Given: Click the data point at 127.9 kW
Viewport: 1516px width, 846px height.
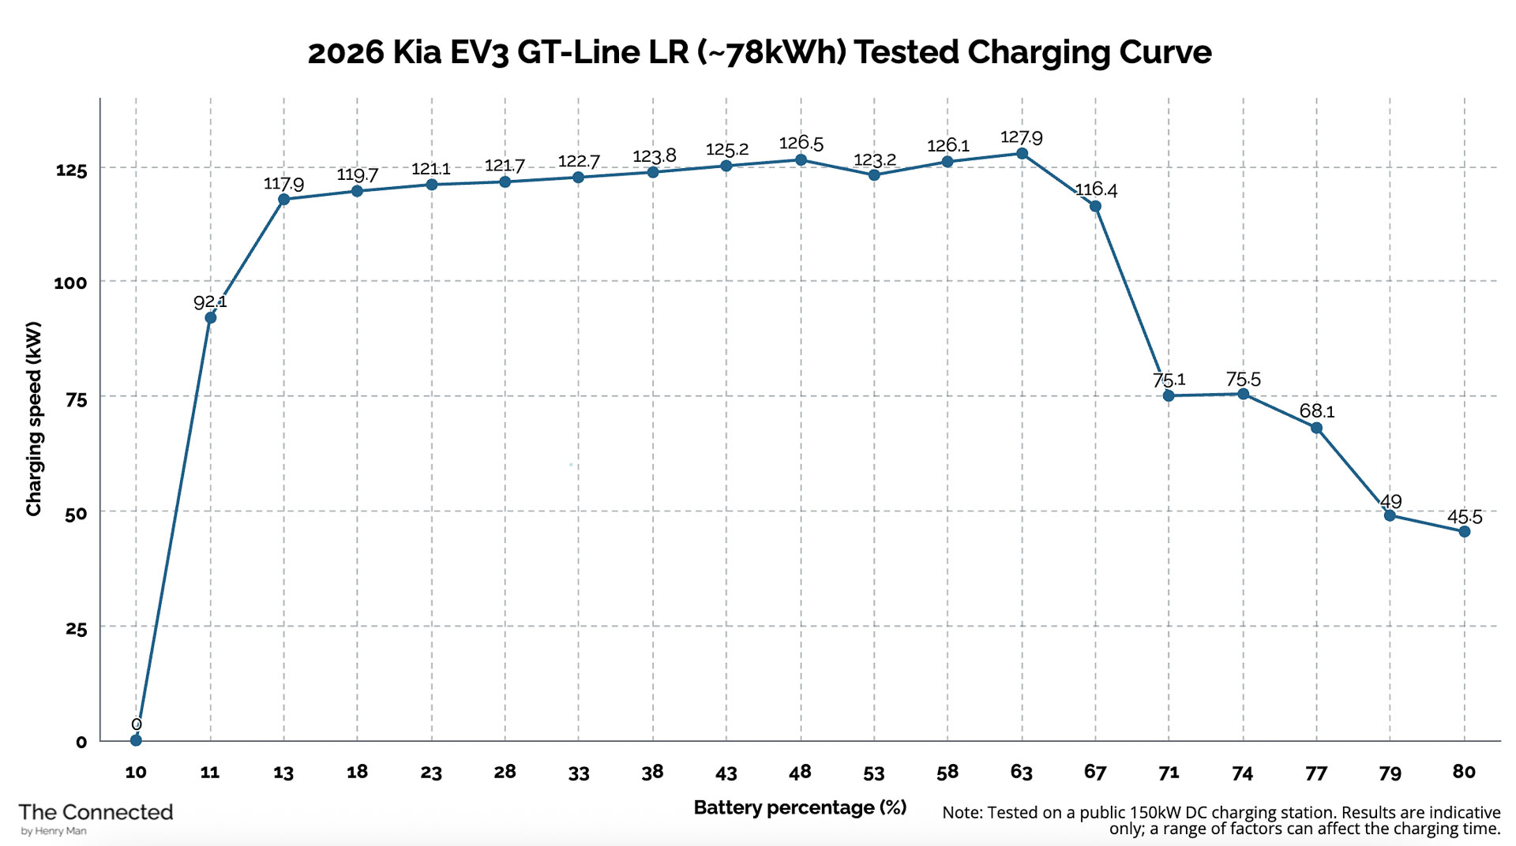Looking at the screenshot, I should (1022, 154).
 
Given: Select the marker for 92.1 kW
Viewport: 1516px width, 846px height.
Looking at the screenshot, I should (210, 318).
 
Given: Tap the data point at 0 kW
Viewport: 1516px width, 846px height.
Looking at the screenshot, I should (136, 740).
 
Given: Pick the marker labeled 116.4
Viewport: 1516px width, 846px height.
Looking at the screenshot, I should (1095, 207).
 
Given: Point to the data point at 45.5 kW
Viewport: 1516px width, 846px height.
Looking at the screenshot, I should (1465, 532).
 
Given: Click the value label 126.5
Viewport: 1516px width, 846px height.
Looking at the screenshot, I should (801, 144).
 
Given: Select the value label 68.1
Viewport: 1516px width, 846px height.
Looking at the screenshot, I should (1317, 411).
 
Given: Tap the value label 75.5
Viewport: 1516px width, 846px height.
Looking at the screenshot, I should (1243, 380).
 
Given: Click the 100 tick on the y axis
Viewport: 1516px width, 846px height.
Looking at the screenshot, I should (70, 283).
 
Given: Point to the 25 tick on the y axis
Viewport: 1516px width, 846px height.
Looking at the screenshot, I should (76, 629).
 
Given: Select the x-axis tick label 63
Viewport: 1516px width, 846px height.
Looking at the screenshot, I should (1021, 772).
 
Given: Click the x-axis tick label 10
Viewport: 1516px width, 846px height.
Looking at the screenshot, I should (136, 772).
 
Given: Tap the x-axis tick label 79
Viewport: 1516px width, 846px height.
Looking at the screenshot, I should (1390, 773).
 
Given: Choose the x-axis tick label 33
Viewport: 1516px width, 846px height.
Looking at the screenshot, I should (579, 773).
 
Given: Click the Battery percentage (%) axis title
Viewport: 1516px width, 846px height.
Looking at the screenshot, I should (800, 807).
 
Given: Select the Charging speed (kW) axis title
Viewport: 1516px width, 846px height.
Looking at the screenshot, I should (33, 418).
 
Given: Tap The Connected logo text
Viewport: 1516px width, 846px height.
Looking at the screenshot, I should (96, 812).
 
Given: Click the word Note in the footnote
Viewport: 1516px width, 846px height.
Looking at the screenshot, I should (961, 813).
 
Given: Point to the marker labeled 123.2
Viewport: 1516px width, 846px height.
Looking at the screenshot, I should (874, 175).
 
